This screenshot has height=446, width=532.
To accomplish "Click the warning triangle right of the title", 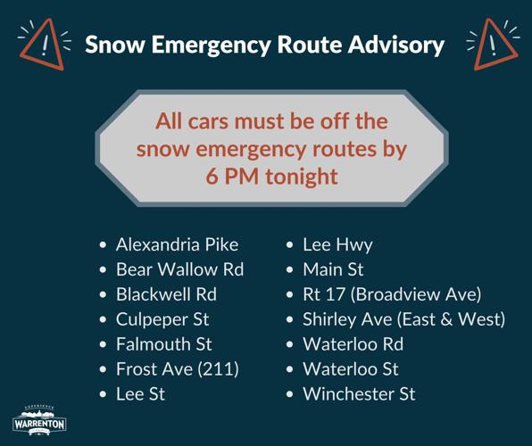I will point(492,45).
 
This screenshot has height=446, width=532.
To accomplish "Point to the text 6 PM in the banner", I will point(229,176).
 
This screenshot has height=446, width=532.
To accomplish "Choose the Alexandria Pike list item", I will point(177,244).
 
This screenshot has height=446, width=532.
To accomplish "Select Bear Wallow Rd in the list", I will point(179,269).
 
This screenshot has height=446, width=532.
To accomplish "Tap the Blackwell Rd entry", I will point(166,293).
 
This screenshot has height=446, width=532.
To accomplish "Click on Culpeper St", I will point(162,318).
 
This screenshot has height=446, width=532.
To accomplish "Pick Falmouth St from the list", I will point(164,343).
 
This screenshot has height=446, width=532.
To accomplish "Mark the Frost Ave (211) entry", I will point(178,368).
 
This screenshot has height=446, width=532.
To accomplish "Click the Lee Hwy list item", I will point(337,244).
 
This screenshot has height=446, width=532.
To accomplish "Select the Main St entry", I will point(333,269).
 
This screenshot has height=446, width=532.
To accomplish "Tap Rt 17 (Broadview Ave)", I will point(392,293).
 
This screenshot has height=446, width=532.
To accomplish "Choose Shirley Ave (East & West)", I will point(403,318).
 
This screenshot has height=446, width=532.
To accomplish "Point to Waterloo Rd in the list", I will point(353,343).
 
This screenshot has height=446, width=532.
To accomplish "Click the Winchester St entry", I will point(359,393).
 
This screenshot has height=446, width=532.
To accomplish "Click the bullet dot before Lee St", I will point(104,394).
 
